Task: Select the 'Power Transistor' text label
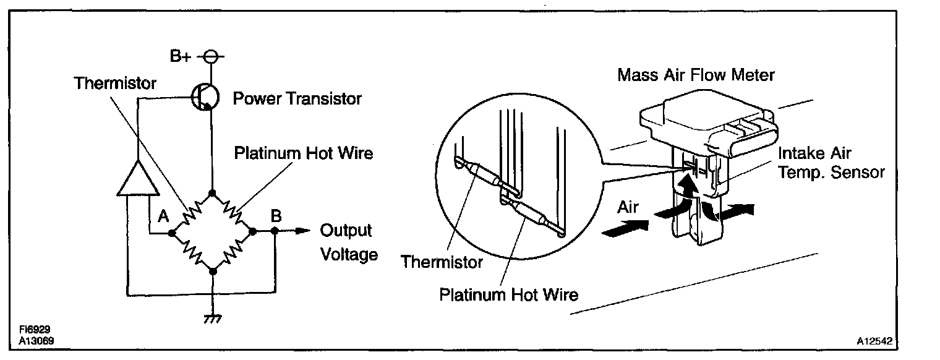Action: (297, 98)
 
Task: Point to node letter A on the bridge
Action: (163, 216)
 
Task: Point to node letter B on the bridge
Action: (276, 216)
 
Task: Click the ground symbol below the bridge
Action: (212, 317)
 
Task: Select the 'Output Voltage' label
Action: (348, 242)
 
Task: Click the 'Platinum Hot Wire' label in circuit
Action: (304, 153)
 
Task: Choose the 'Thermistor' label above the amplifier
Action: (116, 83)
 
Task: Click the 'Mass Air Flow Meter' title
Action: (696, 75)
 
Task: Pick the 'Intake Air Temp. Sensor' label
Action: (831, 162)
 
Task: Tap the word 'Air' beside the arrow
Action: (628, 207)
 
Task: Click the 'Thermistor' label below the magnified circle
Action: (442, 262)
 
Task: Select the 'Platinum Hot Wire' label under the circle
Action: (508, 294)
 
